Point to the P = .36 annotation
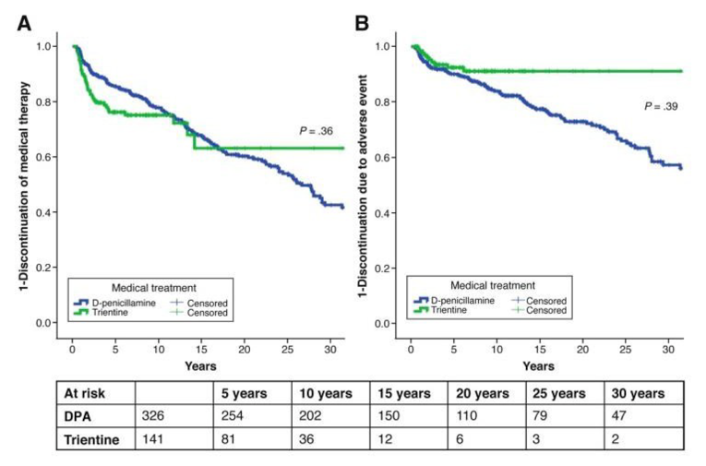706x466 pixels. (x=318, y=130)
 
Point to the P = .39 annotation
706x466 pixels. (x=662, y=107)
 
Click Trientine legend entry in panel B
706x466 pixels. (x=455, y=311)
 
